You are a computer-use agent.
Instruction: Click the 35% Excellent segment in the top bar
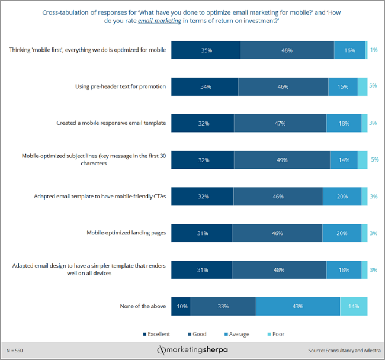click(x=206, y=50)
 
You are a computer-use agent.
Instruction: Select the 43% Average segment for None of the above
click(x=297, y=306)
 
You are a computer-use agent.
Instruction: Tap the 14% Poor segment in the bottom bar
click(x=354, y=306)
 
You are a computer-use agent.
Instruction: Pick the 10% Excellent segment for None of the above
click(x=181, y=306)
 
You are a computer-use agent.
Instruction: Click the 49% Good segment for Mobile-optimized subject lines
click(x=282, y=160)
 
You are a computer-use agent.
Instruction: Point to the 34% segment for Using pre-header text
click(x=205, y=86)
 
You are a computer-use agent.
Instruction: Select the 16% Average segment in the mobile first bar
click(x=349, y=50)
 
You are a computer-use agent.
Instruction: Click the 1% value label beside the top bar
click(x=374, y=50)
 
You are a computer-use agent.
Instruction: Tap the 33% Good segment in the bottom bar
click(x=223, y=306)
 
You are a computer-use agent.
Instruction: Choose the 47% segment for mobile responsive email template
click(x=280, y=123)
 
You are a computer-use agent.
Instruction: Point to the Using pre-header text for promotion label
click(x=120, y=86)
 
